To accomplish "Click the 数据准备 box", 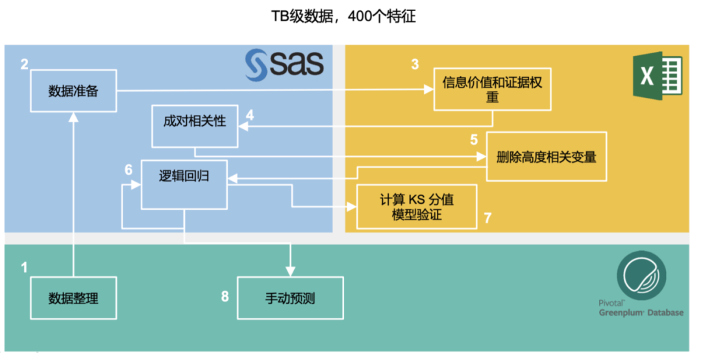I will (73, 90).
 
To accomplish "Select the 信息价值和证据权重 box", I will (492, 90).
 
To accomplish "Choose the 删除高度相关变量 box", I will (546, 156).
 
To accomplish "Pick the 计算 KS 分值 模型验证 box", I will (417, 206).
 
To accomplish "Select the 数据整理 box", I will (73, 298).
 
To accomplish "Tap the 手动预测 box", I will (290, 298).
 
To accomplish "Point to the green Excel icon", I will (657, 76).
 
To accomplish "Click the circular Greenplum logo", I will (642, 273).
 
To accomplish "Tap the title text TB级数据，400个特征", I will (343, 17).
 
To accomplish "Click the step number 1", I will (25, 267).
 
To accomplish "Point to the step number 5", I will (474, 139).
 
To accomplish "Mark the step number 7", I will (487, 218).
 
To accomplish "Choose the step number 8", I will (225, 296).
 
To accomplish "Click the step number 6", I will (129, 170).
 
